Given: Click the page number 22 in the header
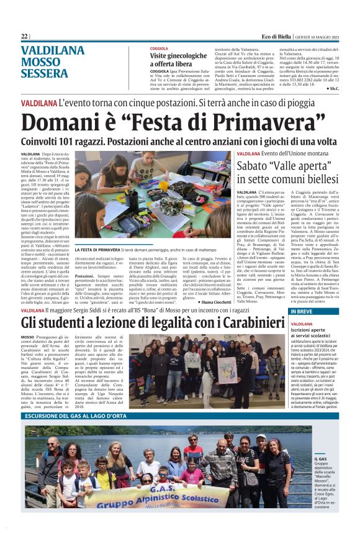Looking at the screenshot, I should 24,37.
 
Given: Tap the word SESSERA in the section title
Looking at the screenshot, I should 45,73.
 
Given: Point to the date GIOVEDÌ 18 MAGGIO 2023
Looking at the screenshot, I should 325,37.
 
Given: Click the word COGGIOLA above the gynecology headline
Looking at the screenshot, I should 159,48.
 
